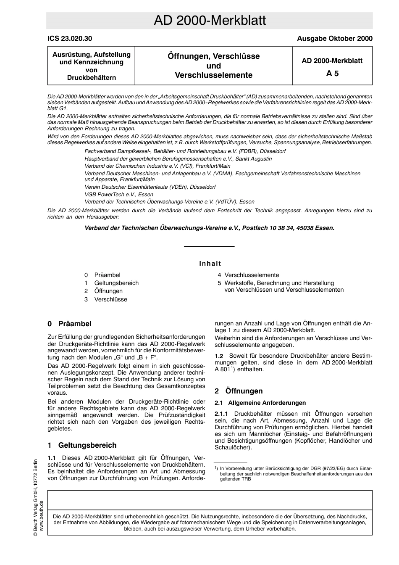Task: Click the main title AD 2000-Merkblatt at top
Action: pyautogui.click(x=210, y=21)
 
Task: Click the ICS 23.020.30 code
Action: pyautogui.click(x=70, y=39)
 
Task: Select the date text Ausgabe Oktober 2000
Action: pyautogui.click(x=334, y=39)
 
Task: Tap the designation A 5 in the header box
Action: pyautogui.click(x=332, y=74)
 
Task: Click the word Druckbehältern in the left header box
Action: pyautogui.click(x=92, y=78)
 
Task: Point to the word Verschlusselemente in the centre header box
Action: pyautogui.click(x=213, y=75)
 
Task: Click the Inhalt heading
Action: pyautogui.click(x=210, y=264)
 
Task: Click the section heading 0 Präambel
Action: pyautogui.click(x=70, y=324)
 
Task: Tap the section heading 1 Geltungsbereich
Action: pyautogui.click(x=82, y=445)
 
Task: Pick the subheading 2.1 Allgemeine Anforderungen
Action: pyautogui.click(x=260, y=403)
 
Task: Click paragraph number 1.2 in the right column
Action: pyautogui.click(x=219, y=356)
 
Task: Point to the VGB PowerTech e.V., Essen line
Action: pyautogui.click(x=119, y=194)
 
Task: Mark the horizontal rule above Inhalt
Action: pyautogui.click(x=209, y=246)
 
